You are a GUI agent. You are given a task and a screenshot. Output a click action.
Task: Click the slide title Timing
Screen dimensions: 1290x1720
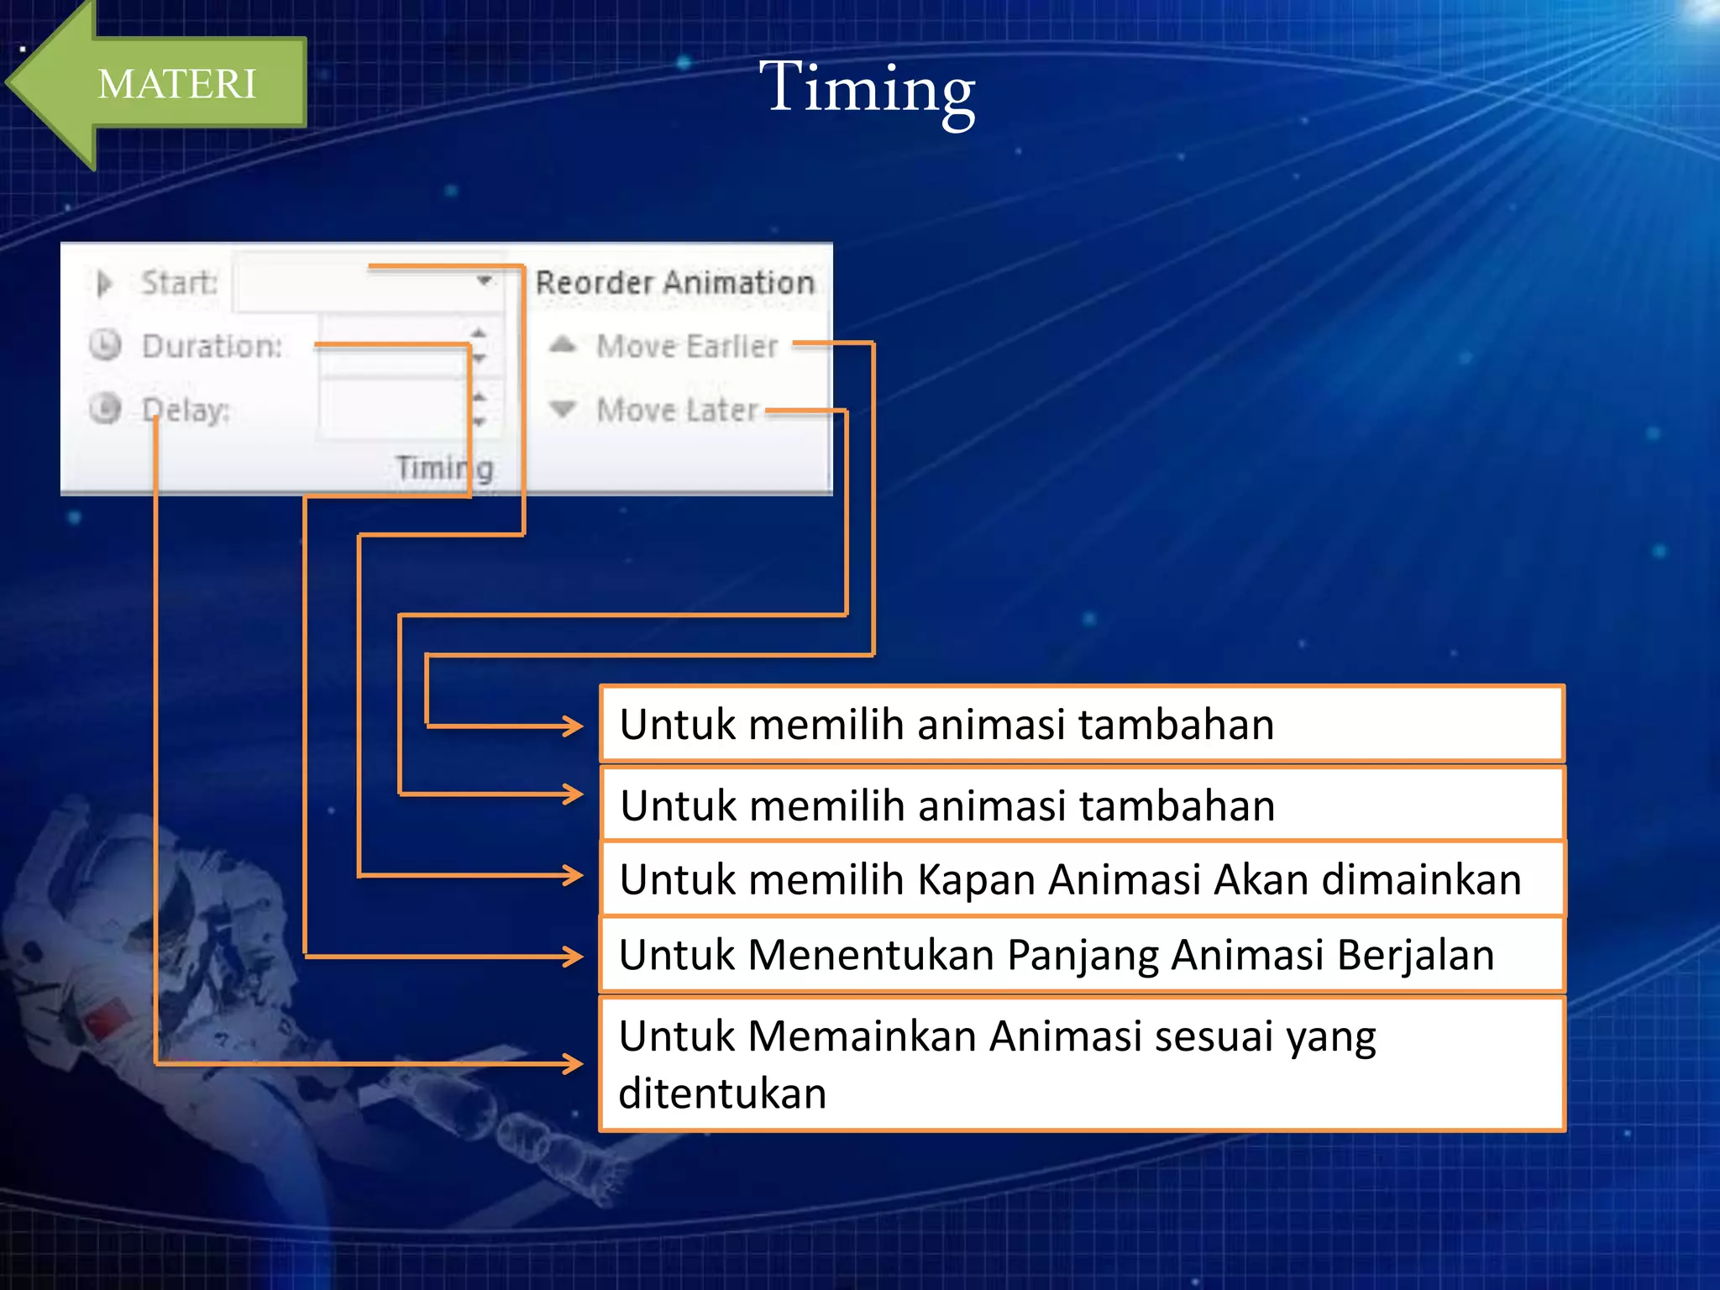point(867,88)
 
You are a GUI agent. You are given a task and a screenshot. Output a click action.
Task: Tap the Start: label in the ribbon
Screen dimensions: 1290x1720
point(179,282)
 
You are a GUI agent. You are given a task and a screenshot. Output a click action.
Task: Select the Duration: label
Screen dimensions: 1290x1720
point(212,346)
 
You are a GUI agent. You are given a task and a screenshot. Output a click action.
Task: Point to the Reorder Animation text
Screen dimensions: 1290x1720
point(675,282)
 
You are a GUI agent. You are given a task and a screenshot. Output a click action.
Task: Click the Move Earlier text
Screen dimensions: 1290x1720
point(687,346)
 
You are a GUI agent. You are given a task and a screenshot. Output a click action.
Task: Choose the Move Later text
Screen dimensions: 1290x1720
point(677,410)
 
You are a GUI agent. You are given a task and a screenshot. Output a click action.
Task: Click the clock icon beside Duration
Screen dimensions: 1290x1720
point(106,345)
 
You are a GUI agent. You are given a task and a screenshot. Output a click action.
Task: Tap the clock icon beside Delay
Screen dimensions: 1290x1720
point(106,409)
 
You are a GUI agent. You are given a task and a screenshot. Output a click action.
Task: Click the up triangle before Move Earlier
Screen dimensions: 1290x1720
point(563,344)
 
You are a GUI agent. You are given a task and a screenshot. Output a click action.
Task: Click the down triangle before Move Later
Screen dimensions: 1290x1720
point(563,409)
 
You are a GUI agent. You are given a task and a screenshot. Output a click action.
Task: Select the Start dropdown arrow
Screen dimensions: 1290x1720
point(484,281)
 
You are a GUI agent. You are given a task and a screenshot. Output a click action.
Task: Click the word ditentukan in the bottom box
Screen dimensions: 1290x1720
point(722,1093)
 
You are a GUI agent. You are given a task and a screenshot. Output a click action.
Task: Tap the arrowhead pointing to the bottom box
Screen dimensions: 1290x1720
point(574,1064)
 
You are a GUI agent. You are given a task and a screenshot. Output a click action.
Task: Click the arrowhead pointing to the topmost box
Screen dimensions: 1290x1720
point(574,726)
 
